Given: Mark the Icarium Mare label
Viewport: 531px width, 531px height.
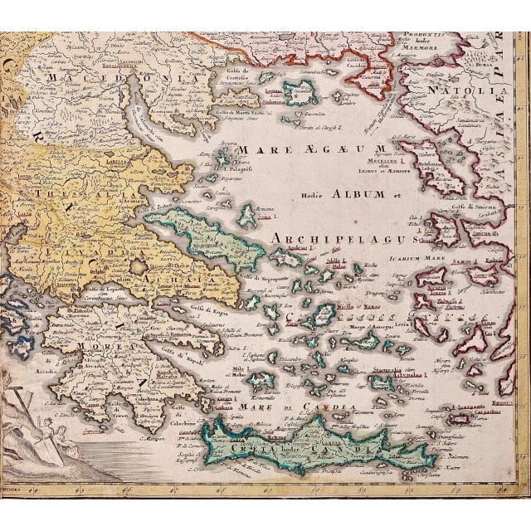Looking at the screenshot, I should click(x=415, y=258).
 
